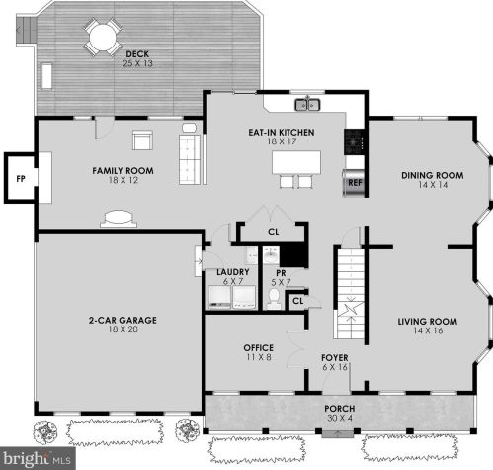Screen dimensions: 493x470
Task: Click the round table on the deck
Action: [103, 37]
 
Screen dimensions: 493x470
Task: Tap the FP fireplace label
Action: [21, 179]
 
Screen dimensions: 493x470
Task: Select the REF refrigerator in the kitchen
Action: [354, 183]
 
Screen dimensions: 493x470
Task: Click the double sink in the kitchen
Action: [307, 104]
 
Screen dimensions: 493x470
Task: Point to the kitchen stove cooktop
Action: [355, 141]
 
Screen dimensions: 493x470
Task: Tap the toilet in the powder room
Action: [274, 299]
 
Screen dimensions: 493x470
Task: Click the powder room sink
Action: [271, 255]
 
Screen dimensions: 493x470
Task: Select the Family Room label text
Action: [123, 171]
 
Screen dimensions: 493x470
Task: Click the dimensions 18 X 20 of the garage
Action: [123, 329]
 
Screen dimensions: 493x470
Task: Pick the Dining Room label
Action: [433, 175]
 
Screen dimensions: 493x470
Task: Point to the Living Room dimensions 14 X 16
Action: [428, 330]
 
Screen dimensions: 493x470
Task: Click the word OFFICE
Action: [258, 348]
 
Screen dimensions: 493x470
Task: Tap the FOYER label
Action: [335, 358]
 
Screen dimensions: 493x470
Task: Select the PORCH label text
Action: [340, 409]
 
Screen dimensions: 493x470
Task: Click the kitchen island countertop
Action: [296, 162]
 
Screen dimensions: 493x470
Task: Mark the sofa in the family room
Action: [190, 159]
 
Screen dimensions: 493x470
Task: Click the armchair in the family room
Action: [142, 140]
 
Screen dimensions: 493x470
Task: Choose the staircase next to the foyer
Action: [350, 294]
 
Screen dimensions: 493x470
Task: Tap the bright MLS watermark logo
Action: [38, 458]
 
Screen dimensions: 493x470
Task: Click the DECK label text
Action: [137, 54]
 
